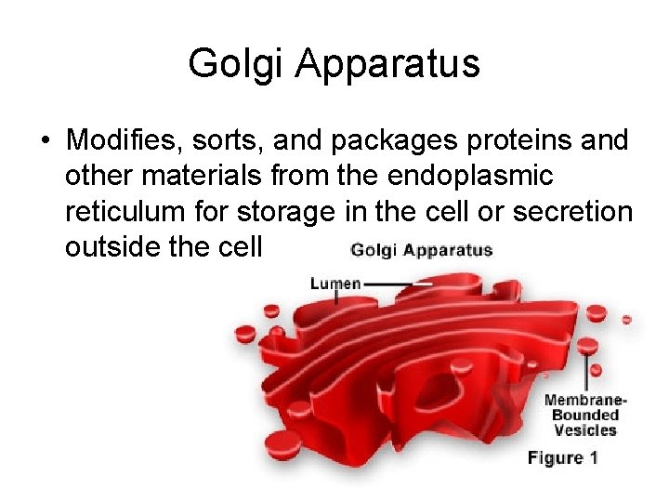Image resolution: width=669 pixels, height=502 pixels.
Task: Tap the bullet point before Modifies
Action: [45, 141]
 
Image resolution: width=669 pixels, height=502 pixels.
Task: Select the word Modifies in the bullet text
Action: [117, 140]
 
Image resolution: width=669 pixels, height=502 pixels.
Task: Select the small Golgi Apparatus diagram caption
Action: [421, 250]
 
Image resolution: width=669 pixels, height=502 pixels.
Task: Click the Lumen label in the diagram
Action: [334, 284]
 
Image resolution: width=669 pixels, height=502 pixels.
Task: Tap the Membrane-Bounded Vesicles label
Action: [584, 416]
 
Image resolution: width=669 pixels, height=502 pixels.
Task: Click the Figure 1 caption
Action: [563, 457]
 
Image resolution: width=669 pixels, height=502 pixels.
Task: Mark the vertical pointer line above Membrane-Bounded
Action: [585, 372]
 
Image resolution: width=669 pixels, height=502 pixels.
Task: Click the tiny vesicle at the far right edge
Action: [626, 319]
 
